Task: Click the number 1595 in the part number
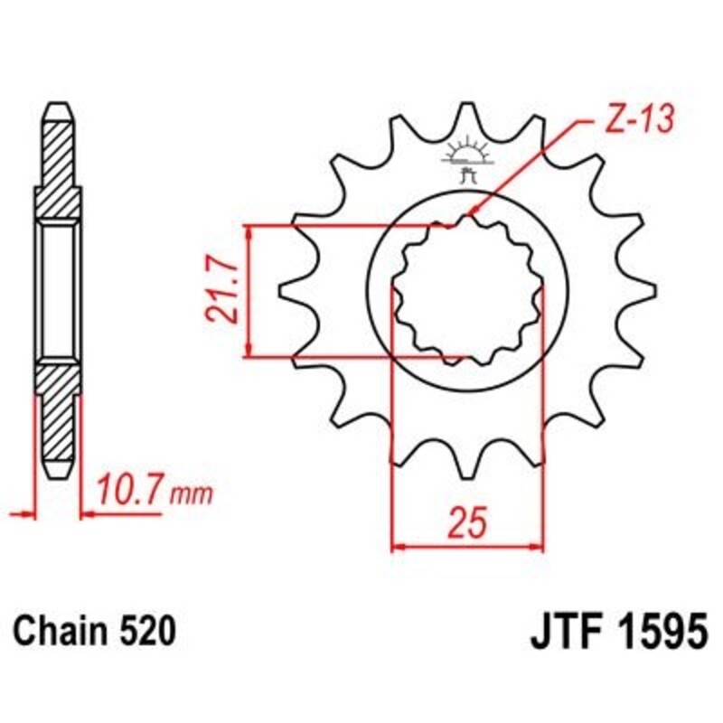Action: [657, 630]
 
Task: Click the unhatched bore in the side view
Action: [57, 290]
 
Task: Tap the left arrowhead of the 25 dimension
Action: [397, 546]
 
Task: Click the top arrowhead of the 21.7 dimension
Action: [249, 230]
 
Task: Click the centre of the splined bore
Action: [467, 291]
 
